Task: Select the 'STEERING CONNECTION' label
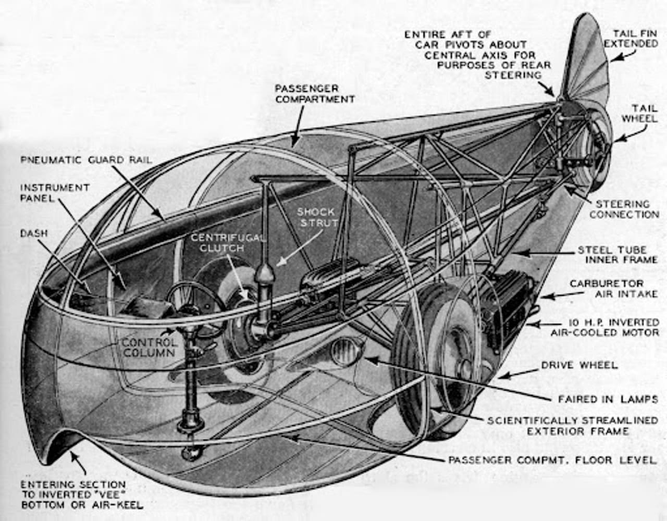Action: pos(624,209)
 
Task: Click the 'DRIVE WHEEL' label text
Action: pos(579,365)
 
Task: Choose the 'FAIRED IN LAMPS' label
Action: pos(608,399)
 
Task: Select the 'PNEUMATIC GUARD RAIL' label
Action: pos(87,159)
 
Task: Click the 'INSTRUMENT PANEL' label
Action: pos(55,192)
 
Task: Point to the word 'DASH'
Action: pos(34,233)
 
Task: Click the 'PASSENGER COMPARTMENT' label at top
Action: pos(315,94)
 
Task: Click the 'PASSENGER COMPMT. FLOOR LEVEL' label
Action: pos(552,460)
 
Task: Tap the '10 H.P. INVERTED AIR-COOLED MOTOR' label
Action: pos(604,327)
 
